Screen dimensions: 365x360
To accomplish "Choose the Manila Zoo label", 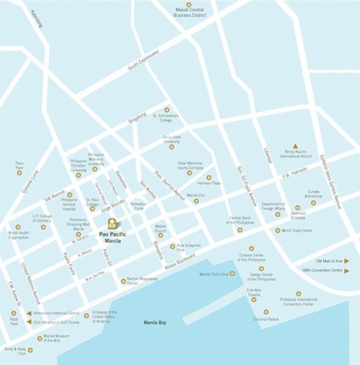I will tap(196, 195).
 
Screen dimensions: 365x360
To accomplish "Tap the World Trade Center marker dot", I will tap(278, 231).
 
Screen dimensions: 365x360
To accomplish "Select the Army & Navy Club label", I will tap(16, 350).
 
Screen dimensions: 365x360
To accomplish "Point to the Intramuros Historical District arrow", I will tap(28, 313).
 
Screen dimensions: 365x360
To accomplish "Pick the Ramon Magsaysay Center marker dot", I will tap(123, 280).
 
